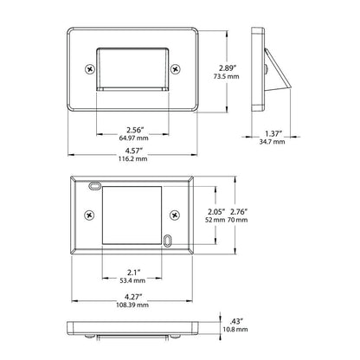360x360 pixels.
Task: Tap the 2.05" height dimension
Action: coord(216,210)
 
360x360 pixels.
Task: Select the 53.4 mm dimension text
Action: coord(132,281)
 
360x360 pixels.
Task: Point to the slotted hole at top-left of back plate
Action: coord(93,185)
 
